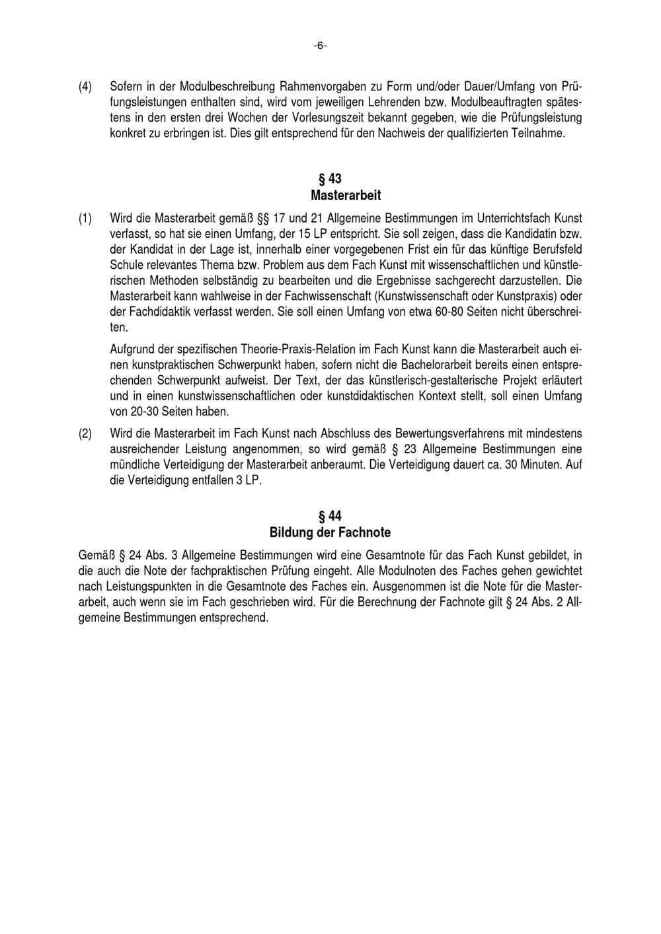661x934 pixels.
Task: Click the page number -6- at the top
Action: pos(320,46)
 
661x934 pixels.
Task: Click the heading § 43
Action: pos(330,179)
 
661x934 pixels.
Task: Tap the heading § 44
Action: pos(330,516)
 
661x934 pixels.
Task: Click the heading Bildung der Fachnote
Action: pos(330,532)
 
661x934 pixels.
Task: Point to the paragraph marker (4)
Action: pos(85,87)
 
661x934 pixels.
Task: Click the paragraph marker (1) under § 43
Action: pos(85,218)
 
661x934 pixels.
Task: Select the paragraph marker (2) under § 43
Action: pos(85,434)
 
